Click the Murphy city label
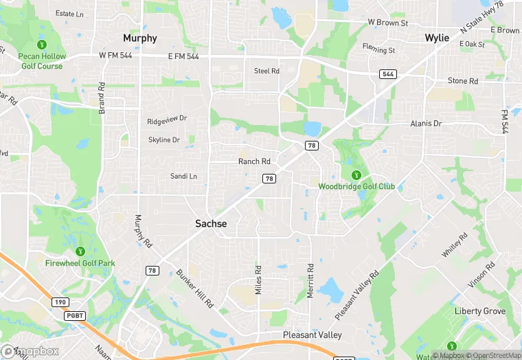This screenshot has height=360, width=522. tap(139, 38)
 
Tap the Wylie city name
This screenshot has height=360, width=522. tap(437, 38)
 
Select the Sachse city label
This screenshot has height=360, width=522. tap(211, 223)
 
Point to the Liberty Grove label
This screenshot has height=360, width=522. tap(480, 311)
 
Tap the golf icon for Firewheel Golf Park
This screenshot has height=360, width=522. tap(80, 251)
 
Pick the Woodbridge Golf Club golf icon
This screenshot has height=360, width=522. tap(356, 175)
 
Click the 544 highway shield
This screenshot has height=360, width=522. tap(387, 74)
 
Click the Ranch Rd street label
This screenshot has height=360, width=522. tap(254, 161)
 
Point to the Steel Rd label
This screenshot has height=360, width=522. tap(266, 71)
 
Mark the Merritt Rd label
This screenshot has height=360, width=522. tap(310, 281)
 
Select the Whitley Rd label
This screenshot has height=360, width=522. tap(454, 245)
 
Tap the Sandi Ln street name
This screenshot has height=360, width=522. tap(183, 177)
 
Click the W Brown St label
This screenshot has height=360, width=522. tap(388, 23)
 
